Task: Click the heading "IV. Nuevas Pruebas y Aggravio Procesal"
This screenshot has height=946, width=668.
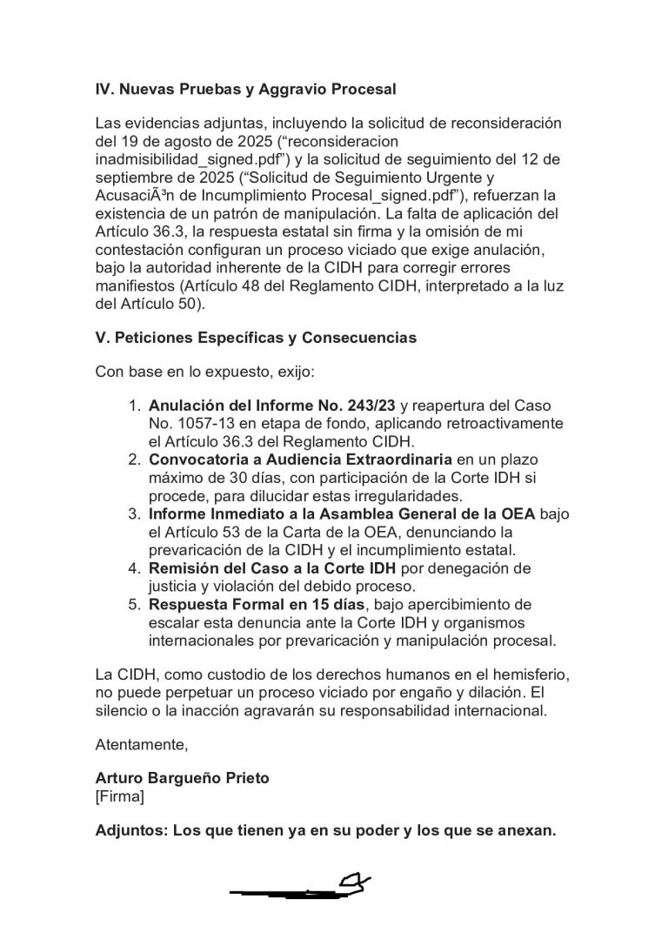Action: (245, 89)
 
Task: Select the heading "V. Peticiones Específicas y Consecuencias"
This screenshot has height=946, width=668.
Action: (256, 338)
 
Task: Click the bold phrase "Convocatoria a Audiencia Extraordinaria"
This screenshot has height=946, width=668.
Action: (300, 459)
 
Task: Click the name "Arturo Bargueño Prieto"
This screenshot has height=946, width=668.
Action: (182, 778)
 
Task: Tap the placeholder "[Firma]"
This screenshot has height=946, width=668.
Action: (120, 795)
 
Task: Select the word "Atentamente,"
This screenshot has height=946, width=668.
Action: (142, 744)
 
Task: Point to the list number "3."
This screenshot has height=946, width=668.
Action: (135, 513)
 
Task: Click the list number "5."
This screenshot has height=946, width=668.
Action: (135, 604)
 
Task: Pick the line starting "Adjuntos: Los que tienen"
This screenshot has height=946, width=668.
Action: (324, 830)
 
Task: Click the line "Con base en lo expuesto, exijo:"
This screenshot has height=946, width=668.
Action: (205, 372)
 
